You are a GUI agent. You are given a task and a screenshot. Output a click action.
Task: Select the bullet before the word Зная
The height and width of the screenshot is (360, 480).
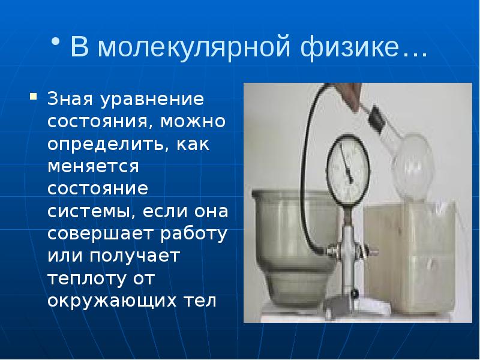pyautogui.click(x=34, y=95)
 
